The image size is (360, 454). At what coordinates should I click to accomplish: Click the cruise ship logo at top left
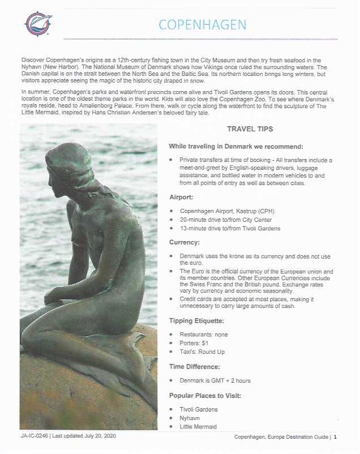point(38,23)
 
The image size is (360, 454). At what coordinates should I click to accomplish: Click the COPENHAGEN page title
point(202,25)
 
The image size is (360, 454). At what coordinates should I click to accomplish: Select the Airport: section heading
point(184,198)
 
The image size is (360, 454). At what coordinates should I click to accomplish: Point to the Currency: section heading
point(187,242)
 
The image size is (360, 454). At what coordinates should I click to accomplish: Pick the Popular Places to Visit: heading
point(205,395)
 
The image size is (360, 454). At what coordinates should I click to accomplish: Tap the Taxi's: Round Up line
point(202,352)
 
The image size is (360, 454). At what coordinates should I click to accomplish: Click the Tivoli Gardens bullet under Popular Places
point(198,409)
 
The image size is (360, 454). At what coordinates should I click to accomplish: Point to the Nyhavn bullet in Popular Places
point(191,418)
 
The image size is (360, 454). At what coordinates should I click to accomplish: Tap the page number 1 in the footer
point(335,437)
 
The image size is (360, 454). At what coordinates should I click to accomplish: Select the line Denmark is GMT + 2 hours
point(215,380)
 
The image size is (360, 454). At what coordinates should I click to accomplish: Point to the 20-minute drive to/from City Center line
point(225,220)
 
